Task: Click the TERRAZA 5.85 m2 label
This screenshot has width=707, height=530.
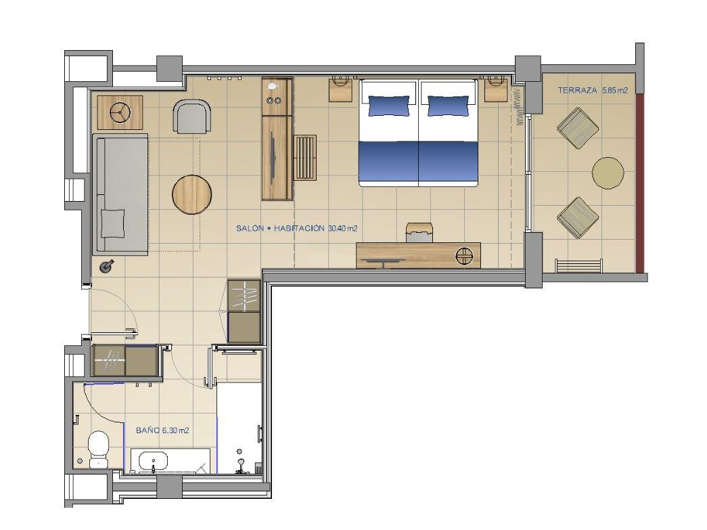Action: (x=593, y=90)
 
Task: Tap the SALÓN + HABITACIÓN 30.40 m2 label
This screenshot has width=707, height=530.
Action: (x=297, y=228)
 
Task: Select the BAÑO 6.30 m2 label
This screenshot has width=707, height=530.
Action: (x=162, y=430)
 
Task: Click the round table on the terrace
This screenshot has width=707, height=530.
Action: (x=608, y=173)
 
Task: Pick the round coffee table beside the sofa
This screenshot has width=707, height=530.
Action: (x=192, y=194)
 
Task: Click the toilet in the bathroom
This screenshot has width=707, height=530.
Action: (x=98, y=449)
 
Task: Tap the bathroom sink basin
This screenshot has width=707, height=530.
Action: (x=154, y=462)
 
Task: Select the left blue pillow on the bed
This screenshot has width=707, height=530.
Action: (x=389, y=106)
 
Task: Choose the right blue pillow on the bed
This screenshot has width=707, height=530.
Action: (x=448, y=106)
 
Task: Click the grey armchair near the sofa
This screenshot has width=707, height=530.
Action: (x=192, y=116)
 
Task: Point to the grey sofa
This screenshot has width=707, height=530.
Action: (x=120, y=194)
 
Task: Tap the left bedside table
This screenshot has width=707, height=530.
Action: (x=340, y=89)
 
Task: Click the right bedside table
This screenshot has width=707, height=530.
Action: (x=497, y=89)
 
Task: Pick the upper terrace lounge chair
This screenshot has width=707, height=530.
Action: (x=578, y=128)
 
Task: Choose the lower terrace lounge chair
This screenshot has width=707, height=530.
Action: (x=578, y=217)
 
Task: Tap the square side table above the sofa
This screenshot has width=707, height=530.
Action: (x=120, y=112)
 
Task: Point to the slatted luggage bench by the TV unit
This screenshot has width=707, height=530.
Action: (x=305, y=158)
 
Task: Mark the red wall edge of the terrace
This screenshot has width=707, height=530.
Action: (x=640, y=181)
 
